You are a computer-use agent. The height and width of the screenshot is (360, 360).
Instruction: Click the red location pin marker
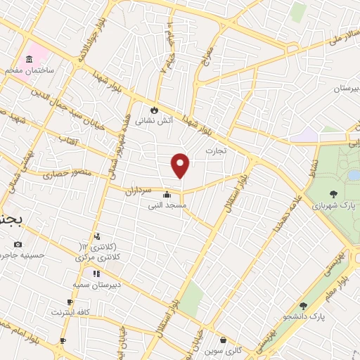click(x=181, y=165)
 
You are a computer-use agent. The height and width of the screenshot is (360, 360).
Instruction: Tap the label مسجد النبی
click(x=167, y=206)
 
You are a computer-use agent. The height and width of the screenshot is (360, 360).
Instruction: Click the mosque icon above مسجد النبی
click(x=167, y=195)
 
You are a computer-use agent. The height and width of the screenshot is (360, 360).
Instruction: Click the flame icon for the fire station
click(x=155, y=109)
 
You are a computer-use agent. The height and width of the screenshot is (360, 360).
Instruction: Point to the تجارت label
click(x=214, y=150)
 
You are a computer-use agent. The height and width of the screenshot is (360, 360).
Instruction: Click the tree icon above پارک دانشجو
click(x=303, y=306)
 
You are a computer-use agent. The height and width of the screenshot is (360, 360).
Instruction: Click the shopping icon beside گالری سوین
click(x=223, y=340)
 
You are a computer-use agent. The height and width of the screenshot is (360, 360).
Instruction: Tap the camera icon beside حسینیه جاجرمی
click(x=18, y=244)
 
